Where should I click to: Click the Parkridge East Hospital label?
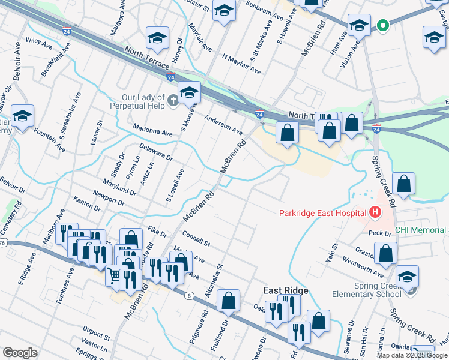coord(322,213)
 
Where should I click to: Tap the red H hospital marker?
coord(375,212)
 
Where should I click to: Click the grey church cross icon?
coord(173,99)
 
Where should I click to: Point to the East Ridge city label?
coord(286,290)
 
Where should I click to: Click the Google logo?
coord(20,353)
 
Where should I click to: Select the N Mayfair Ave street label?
coord(241,64)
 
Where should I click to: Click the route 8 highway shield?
coord(190,295)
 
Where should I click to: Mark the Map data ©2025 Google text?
coord(412,355)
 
